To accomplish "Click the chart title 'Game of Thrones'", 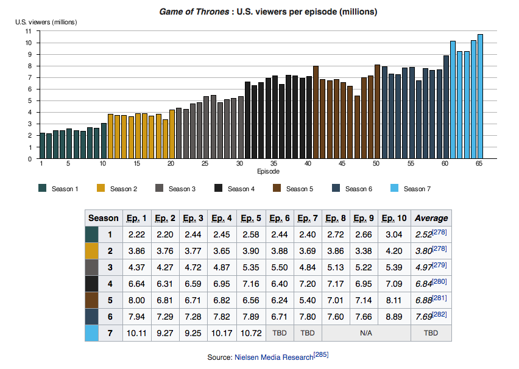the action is (x=194, y=12).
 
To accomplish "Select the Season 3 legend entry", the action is (x=175, y=189).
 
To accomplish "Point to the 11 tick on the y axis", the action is (x=28, y=32).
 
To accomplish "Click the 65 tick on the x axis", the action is (x=479, y=163).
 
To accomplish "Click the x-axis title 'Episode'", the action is (x=269, y=172).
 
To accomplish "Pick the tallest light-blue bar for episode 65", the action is (x=480, y=96).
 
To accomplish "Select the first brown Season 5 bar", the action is (x=316, y=112).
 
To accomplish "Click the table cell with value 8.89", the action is (x=394, y=317).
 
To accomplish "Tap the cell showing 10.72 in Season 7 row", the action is (x=251, y=333).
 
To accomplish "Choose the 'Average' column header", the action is (x=431, y=218).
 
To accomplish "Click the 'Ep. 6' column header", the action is (x=280, y=218).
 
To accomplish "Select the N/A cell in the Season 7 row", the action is (x=366, y=333).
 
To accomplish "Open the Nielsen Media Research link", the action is (x=274, y=357).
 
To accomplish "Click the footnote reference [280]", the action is (x=440, y=282).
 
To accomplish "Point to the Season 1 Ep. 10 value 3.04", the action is (x=394, y=234).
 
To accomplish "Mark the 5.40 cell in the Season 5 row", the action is (x=308, y=300).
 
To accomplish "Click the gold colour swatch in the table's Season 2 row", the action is (x=92, y=251).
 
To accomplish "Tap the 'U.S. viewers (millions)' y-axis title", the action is (x=46, y=22).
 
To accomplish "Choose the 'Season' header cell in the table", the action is (x=104, y=218).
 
